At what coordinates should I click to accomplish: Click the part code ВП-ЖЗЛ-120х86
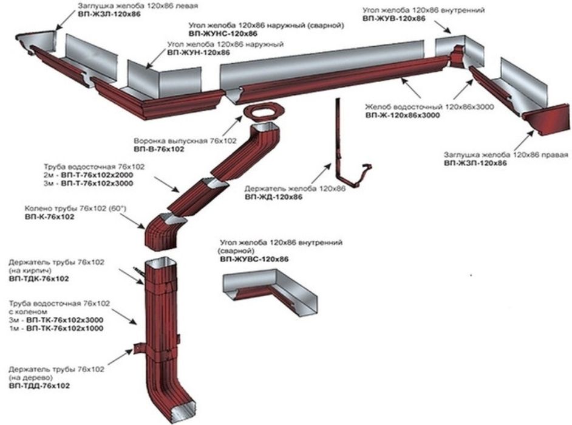[109, 15]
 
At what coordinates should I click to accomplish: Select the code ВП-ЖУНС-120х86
[223, 33]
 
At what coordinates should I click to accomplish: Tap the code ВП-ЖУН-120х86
[199, 52]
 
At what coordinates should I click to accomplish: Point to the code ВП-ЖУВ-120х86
[394, 18]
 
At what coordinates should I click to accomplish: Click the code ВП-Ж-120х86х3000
[403, 116]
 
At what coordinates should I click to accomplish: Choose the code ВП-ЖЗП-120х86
[475, 163]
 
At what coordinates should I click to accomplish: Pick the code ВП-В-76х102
[159, 149]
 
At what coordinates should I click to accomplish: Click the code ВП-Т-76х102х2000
[97, 175]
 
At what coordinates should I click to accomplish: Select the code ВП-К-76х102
[49, 217]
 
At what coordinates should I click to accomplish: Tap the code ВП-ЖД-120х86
[274, 197]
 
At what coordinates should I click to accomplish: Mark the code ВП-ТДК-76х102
[39, 279]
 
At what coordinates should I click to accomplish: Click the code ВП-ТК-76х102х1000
[64, 328]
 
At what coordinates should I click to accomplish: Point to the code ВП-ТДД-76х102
[39, 385]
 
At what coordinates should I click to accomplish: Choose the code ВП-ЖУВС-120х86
[254, 259]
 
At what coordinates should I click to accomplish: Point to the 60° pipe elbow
[164, 232]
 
